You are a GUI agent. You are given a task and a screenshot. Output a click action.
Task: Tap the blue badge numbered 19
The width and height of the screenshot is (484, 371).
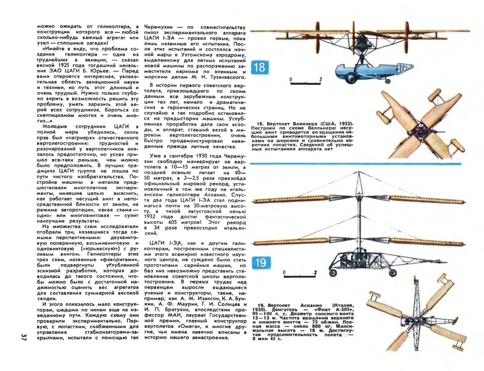coord(261,263)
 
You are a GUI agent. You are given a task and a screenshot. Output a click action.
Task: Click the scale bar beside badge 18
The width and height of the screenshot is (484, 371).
coord(306,83)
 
